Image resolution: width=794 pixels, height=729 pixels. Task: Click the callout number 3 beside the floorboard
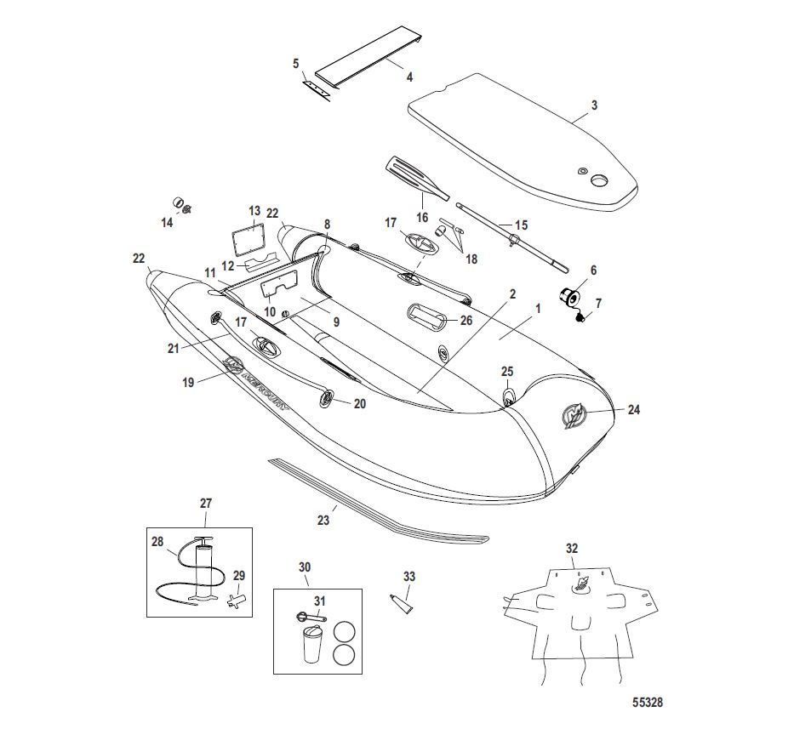click(594, 105)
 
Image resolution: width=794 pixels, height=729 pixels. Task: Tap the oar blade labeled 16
click(411, 176)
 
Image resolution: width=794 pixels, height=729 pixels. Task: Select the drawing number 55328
click(648, 704)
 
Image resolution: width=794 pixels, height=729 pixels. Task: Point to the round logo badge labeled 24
click(574, 417)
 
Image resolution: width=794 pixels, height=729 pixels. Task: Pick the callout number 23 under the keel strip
click(323, 521)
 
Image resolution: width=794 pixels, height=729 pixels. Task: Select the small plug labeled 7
click(580, 318)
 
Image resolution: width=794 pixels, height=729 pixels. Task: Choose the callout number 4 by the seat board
click(409, 77)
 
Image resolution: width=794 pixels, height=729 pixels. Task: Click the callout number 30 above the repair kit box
click(305, 567)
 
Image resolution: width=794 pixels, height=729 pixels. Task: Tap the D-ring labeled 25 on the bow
click(508, 396)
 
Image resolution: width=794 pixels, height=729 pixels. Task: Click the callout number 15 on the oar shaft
click(521, 225)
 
